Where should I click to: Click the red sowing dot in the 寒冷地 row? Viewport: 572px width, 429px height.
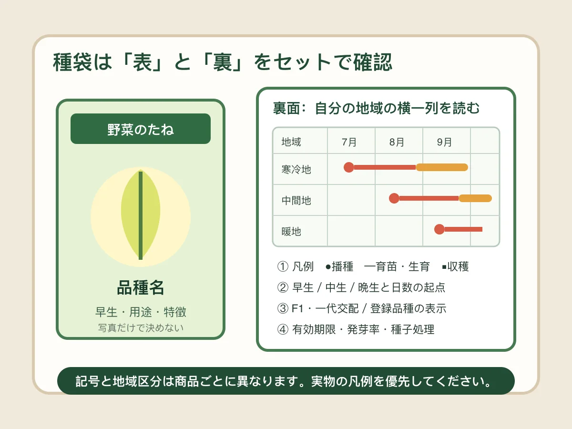tap(348, 167)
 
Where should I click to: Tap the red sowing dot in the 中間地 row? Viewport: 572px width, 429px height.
tap(394, 198)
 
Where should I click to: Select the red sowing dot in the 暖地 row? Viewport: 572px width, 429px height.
tap(439, 229)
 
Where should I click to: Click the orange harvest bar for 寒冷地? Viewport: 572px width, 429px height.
tap(442, 167)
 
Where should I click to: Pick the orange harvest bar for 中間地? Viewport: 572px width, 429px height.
tap(475, 198)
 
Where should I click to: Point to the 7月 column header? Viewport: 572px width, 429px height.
tap(349, 142)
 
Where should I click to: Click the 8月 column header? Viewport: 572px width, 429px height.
tap(397, 142)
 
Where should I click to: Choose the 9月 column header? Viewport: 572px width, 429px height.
tap(444, 142)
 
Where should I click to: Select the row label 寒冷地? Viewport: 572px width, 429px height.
tap(296, 170)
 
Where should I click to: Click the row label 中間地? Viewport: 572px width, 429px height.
tap(296, 201)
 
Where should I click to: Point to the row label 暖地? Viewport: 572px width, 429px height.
tap(291, 232)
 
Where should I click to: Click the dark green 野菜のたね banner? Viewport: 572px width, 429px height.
tap(141, 129)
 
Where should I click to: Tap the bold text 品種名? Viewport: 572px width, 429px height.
tap(141, 288)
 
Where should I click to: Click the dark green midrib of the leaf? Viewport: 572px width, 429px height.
tap(141, 215)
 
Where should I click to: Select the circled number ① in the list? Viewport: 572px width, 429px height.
tap(283, 266)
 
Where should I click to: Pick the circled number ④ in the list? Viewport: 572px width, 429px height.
tap(283, 329)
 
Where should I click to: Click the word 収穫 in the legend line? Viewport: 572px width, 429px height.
tap(458, 266)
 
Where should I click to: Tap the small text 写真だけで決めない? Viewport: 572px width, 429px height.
tap(141, 328)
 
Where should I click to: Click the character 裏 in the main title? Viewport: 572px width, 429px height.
tap(223, 62)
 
